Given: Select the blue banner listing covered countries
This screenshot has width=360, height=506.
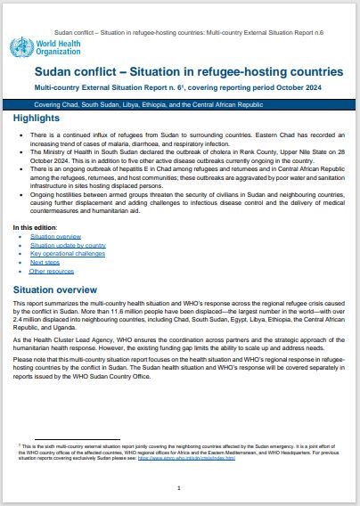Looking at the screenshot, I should pos(178,104).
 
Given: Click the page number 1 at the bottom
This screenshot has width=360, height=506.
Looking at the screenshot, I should pos(180,487).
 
